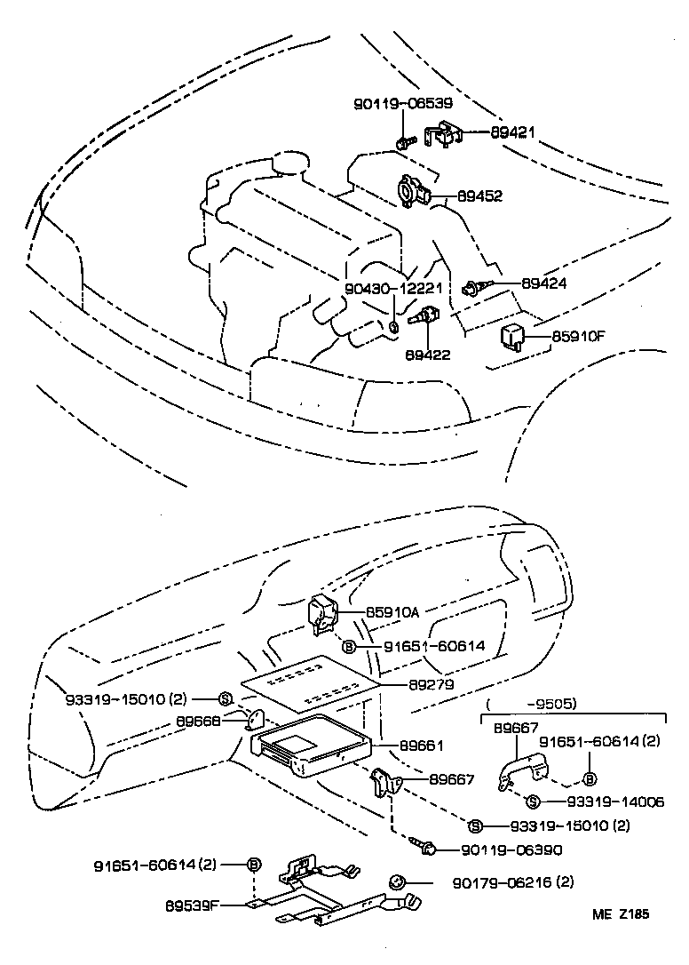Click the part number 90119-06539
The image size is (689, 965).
403,103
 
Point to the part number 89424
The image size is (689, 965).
543,283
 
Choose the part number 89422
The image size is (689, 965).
428,354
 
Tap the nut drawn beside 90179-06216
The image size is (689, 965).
396,882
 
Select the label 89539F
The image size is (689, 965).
192,907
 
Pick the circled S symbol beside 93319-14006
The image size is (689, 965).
532,802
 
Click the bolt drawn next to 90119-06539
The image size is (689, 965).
404,142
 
